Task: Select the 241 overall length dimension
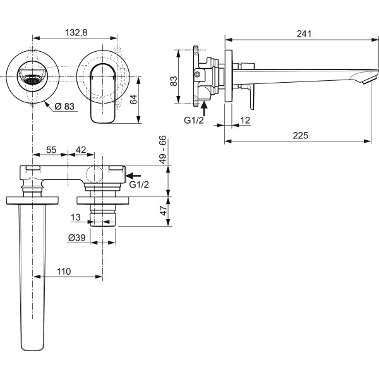pos(304,34)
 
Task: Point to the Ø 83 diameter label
pos(65,107)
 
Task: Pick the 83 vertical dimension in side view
pos(174,80)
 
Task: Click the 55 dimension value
pos(52,150)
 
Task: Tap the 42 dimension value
pos(81,150)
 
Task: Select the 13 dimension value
pos(76,217)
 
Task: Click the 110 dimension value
pos(64,271)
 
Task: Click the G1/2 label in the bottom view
pos(138,184)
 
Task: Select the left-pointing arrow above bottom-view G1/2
pos(135,174)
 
